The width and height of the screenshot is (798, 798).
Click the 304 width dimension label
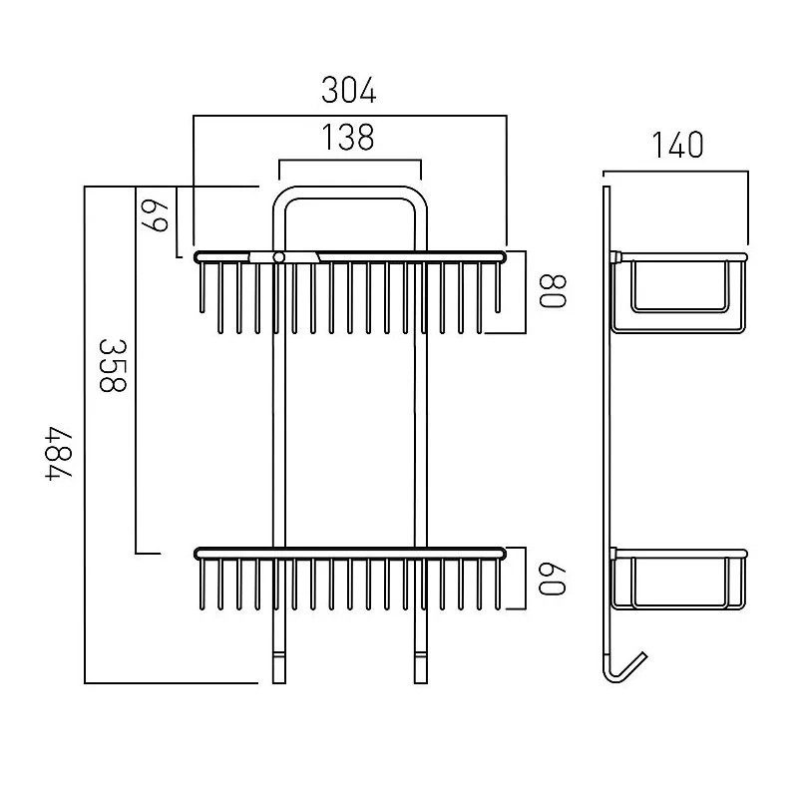[x=349, y=90]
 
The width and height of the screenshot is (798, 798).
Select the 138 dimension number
[x=349, y=137]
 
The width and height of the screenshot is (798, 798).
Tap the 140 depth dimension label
[x=677, y=145]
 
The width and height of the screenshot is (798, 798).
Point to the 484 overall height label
[x=59, y=454]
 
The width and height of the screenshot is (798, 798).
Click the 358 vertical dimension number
[x=113, y=366]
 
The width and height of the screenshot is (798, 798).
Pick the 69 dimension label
[x=155, y=215]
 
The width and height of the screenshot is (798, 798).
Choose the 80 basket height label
[x=553, y=291]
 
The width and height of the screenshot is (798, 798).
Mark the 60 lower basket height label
[x=553, y=579]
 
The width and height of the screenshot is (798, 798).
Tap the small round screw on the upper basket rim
[x=278, y=257]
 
